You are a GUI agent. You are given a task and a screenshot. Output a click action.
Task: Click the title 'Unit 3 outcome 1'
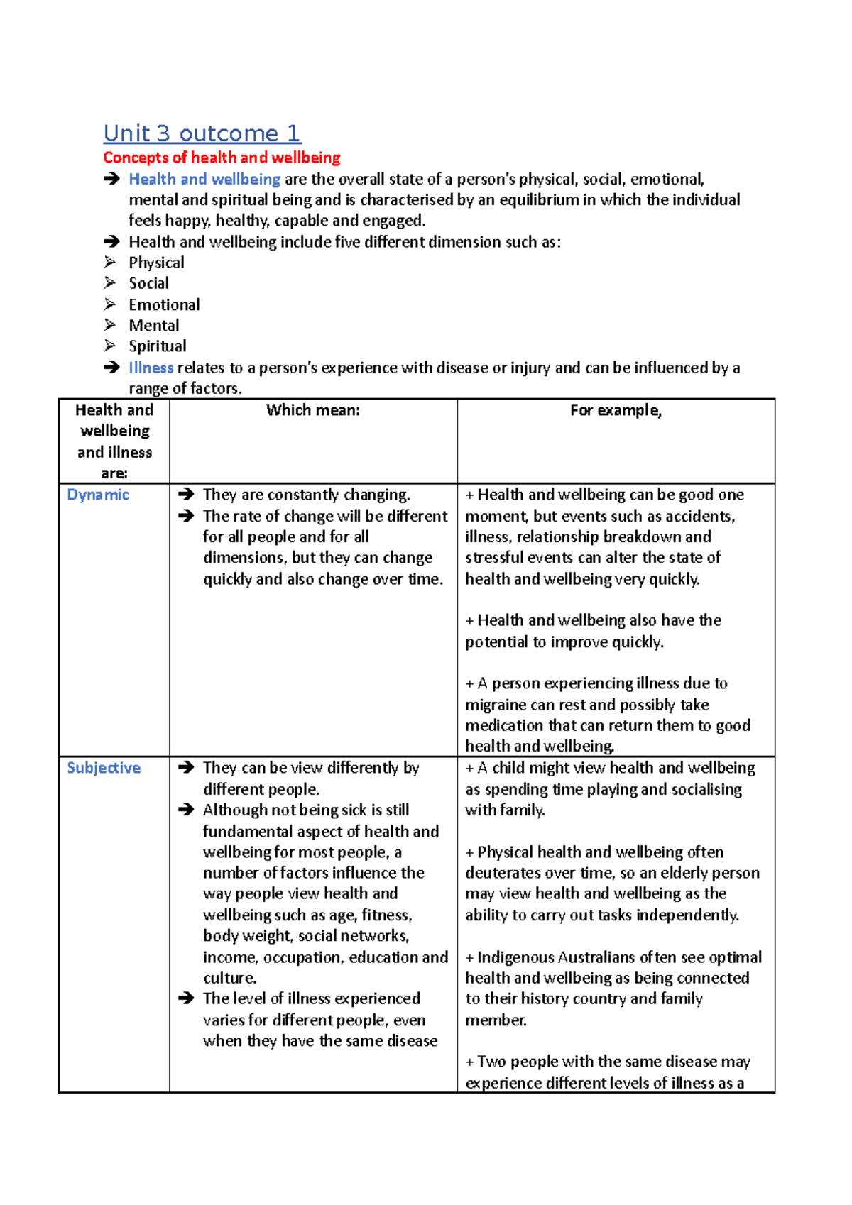click(202, 133)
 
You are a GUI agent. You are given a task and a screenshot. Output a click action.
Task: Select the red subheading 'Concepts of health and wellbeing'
click(222, 158)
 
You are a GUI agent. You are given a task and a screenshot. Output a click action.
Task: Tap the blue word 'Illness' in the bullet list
click(151, 368)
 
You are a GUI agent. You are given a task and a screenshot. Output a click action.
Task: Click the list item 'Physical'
click(156, 263)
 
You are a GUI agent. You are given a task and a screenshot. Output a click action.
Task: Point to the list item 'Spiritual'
click(158, 346)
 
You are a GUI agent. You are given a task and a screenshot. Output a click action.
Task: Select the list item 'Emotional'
click(164, 304)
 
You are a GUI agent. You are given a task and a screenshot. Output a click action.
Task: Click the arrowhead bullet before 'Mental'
click(110, 325)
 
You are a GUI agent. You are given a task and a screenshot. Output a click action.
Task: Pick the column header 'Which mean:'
click(313, 410)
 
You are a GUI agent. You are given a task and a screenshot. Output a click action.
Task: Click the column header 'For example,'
click(616, 410)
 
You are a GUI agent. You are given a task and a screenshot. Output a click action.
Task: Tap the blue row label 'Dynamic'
click(98, 495)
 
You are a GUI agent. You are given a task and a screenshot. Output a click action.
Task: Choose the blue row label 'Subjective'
click(104, 768)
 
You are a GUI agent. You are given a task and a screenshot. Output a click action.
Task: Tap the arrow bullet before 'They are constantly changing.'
click(187, 495)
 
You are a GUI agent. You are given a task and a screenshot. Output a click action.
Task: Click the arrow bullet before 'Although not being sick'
click(187, 810)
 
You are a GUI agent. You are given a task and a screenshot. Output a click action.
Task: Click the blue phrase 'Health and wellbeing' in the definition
click(204, 180)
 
